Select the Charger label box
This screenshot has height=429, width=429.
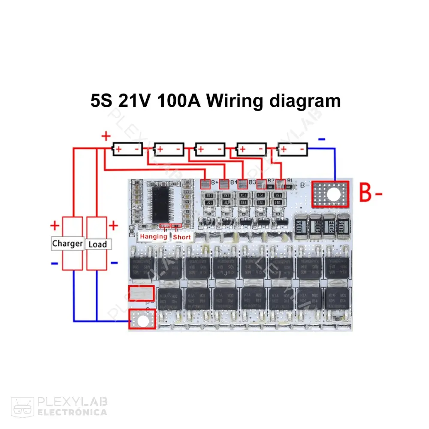click(67, 244)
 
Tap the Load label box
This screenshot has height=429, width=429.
click(97, 244)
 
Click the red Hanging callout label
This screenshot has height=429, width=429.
click(154, 236)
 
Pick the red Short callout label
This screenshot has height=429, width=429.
click(182, 237)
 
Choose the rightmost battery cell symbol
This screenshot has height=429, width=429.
click(293, 149)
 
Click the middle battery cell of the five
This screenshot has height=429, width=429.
click(210, 149)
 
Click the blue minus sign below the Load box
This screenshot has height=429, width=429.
click(114, 263)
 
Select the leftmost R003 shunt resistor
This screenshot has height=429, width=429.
click(300, 225)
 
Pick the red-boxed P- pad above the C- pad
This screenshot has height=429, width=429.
click(141, 294)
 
